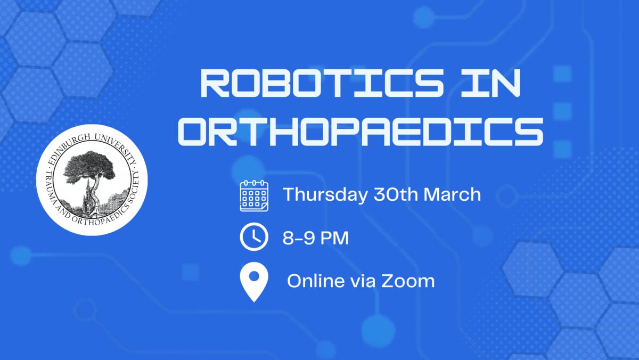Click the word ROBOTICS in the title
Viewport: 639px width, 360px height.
pyautogui.click(x=322, y=83)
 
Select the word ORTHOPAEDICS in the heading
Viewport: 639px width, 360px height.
pyautogui.click(x=361, y=132)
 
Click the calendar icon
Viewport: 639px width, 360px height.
pyautogui.click(x=254, y=195)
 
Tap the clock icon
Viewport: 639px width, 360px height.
pyautogui.click(x=254, y=237)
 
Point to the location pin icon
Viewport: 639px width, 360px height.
pyautogui.click(x=254, y=282)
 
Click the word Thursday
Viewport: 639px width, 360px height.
pyautogui.click(x=325, y=195)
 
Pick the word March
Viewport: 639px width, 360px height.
pyautogui.click(x=453, y=194)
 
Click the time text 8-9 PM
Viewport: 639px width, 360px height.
pyautogui.click(x=315, y=238)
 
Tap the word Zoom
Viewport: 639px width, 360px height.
pyautogui.click(x=408, y=281)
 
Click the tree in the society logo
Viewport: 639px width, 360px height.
pyautogui.click(x=89, y=171)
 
